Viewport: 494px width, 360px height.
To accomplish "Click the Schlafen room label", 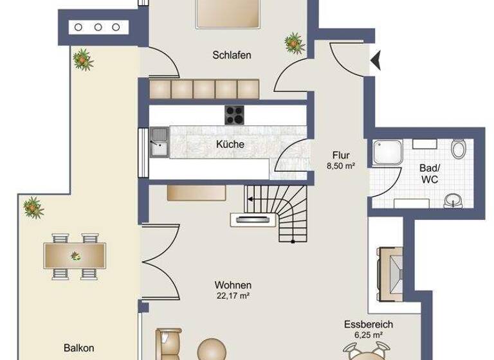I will click(x=232, y=55).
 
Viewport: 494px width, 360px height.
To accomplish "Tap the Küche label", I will click(x=230, y=145).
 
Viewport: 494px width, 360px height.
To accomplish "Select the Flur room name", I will click(x=341, y=155).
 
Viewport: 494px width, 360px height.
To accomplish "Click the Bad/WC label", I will click(x=429, y=174).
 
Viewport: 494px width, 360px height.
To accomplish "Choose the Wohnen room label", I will click(x=233, y=285).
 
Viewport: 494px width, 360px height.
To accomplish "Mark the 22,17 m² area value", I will click(x=233, y=296).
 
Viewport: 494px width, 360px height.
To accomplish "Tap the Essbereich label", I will click(x=369, y=325).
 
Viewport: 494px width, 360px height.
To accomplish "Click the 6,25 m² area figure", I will click(x=369, y=335).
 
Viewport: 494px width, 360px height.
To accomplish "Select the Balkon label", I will click(x=78, y=348).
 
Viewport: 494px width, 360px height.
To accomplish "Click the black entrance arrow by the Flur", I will click(x=376, y=60).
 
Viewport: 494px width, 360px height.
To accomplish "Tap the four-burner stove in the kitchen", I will click(x=235, y=115).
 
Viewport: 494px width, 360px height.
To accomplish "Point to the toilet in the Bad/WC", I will click(x=459, y=149).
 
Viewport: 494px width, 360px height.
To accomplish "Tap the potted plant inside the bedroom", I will click(x=294, y=44).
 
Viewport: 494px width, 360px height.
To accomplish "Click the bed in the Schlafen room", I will click(x=228, y=13).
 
